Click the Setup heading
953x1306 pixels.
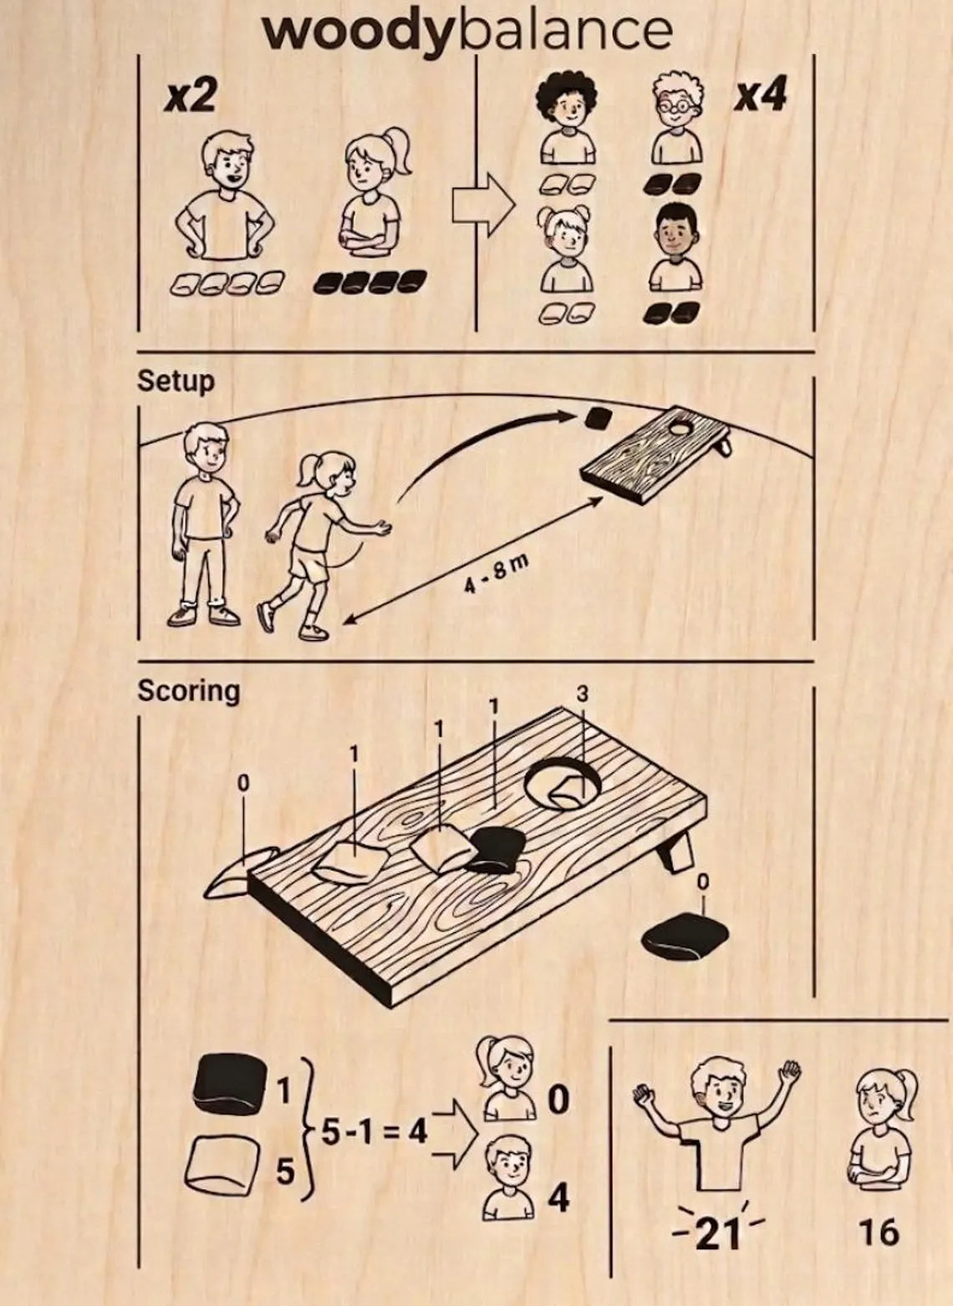pyautogui.click(x=176, y=382)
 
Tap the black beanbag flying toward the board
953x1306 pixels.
pyautogui.click(x=599, y=418)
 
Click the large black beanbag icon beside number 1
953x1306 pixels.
pyautogui.click(x=230, y=1084)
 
